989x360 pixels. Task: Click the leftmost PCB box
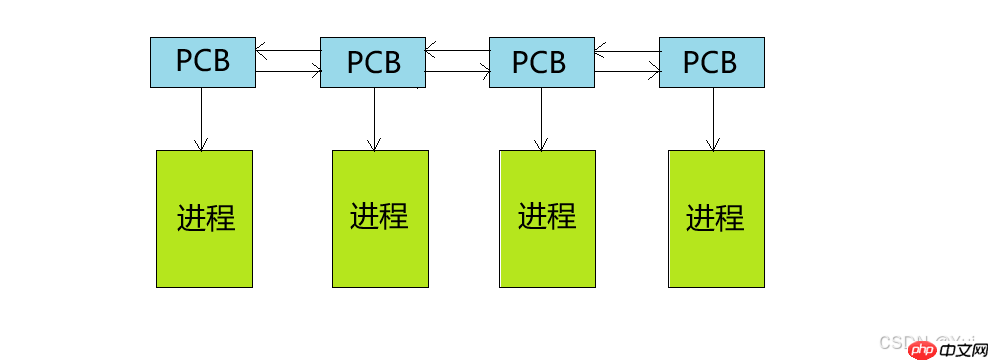(x=203, y=62)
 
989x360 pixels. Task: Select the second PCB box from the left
(x=373, y=62)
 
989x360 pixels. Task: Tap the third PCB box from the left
(x=540, y=62)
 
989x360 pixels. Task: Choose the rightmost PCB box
(x=711, y=62)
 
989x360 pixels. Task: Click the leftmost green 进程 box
(x=204, y=218)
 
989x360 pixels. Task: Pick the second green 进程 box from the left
(x=380, y=218)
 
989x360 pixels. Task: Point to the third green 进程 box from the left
(x=547, y=218)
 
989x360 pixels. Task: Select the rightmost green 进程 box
(x=716, y=218)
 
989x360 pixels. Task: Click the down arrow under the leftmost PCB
(x=201, y=118)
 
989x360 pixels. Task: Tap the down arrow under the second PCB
(x=374, y=118)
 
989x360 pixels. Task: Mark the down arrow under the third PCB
(x=540, y=118)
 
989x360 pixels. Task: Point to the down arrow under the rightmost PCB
(x=713, y=118)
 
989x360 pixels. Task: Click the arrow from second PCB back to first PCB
(x=288, y=48)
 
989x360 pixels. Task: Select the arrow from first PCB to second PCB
(x=288, y=70)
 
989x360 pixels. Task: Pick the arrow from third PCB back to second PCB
(x=457, y=48)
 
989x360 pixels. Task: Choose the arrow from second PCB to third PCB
(x=457, y=70)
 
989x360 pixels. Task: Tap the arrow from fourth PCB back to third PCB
(x=627, y=48)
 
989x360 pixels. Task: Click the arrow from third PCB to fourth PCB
(x=627, y=70)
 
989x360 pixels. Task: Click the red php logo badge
(x=923, y=349)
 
